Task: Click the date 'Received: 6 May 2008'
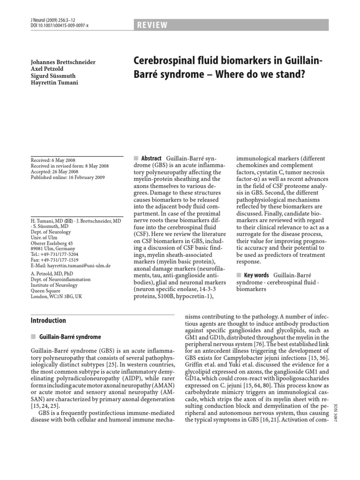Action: tap(57, 160)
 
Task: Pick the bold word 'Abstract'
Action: tap(149, 158)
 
